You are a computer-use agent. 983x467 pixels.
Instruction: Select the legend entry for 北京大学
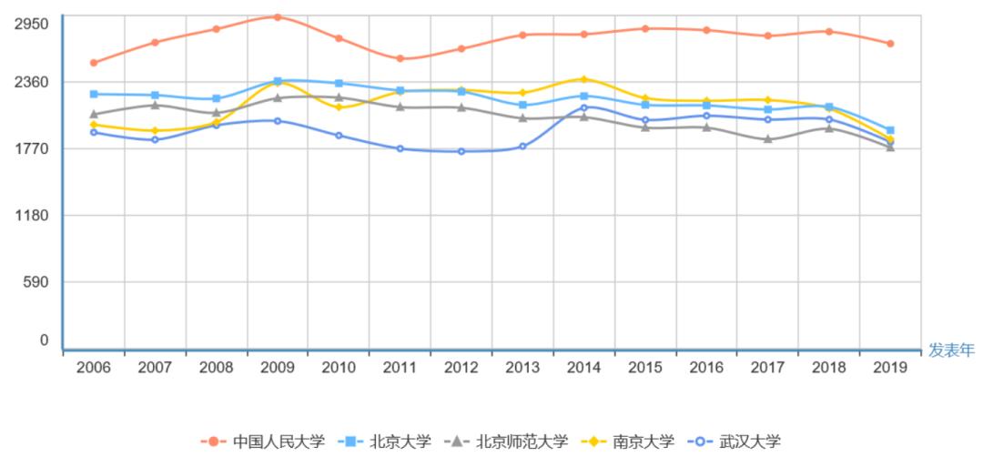(x=386, y=442)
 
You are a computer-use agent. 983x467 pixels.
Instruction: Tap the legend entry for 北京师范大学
(x=509, y=442)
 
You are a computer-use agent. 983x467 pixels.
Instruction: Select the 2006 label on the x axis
(x=94, y=367)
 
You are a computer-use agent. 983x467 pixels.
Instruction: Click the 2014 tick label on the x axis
(x=583, y=367)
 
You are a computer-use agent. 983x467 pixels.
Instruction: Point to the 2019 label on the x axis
(x=889, y=367)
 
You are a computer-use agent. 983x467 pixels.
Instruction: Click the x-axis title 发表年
(x=950, y=350)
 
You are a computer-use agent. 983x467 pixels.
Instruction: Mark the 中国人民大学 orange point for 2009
(x=278, y=17)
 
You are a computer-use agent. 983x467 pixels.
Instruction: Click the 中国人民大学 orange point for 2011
(x=400, y=58)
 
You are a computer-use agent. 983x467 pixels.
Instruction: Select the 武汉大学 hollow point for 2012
(x=461, y=151)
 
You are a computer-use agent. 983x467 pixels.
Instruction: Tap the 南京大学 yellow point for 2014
(x=583, y=79)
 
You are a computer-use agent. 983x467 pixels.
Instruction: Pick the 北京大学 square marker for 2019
(x=889, y=130)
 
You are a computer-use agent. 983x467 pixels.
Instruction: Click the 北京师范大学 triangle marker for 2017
(x=767, y=139)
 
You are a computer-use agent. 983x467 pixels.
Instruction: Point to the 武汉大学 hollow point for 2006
(x=94, y=132)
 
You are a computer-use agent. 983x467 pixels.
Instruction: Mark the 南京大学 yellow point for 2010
(x=339, y=107)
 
